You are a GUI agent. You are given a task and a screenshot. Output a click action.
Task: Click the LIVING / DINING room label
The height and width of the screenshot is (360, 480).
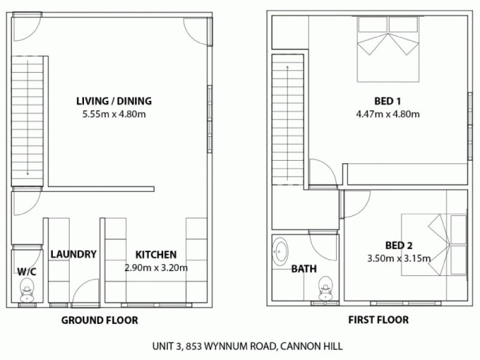click(x=113, y=101)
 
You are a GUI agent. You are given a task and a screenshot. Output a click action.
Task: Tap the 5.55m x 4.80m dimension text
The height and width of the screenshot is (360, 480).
click(x=113, y=114)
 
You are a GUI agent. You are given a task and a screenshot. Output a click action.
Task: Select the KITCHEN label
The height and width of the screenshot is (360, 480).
click(x=155, y=254)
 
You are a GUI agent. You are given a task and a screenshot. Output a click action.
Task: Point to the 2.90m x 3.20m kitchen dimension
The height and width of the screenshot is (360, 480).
click(x=155, y=268)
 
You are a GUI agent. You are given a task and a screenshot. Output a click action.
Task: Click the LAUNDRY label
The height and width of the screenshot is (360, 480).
click(x=73, y=254)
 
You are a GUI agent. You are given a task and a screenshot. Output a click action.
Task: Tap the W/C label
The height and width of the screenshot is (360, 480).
click(x=26, y=271)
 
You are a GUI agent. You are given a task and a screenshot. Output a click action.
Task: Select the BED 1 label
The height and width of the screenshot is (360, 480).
click(x=386, y=100)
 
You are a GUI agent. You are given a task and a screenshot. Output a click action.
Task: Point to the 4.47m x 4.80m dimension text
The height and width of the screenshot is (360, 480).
click(x=386, y=114)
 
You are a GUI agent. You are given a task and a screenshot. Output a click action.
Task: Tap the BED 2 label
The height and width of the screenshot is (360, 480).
click(x=398, y=245)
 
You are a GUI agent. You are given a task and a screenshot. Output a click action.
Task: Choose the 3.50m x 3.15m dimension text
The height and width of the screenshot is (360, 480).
click(x=398, y=259)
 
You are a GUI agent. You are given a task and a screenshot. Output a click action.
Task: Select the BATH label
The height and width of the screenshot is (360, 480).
click(x=304, y=269)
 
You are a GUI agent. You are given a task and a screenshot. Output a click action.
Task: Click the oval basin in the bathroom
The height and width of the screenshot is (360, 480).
click(x=280, y=251)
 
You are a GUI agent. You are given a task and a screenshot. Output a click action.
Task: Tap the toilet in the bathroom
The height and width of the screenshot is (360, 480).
click(x=326, y=287)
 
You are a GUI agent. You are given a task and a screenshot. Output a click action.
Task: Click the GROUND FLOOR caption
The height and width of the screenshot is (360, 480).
click(x=100, y=320)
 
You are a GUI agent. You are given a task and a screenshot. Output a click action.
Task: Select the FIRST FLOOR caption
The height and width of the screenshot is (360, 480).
click(x=379, y=320)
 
